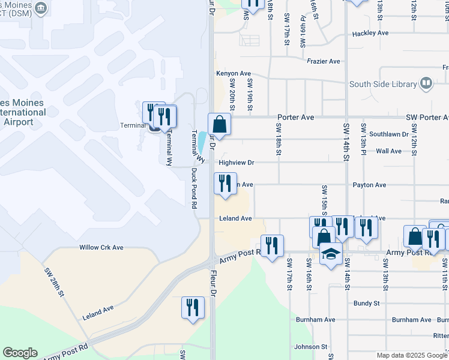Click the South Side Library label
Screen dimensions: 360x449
384,84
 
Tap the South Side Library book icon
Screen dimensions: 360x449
426,83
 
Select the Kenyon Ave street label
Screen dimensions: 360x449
234,73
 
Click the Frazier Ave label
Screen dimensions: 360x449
324,61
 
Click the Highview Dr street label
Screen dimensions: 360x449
237,163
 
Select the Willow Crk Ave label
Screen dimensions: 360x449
101,247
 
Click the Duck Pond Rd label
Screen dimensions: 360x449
194,187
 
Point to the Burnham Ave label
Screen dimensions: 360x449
411,320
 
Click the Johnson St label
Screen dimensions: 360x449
310,347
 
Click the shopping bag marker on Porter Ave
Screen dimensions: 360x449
220,125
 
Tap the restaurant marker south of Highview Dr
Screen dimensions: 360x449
225,184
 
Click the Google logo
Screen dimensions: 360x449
20,353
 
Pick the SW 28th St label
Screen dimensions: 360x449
55,281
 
